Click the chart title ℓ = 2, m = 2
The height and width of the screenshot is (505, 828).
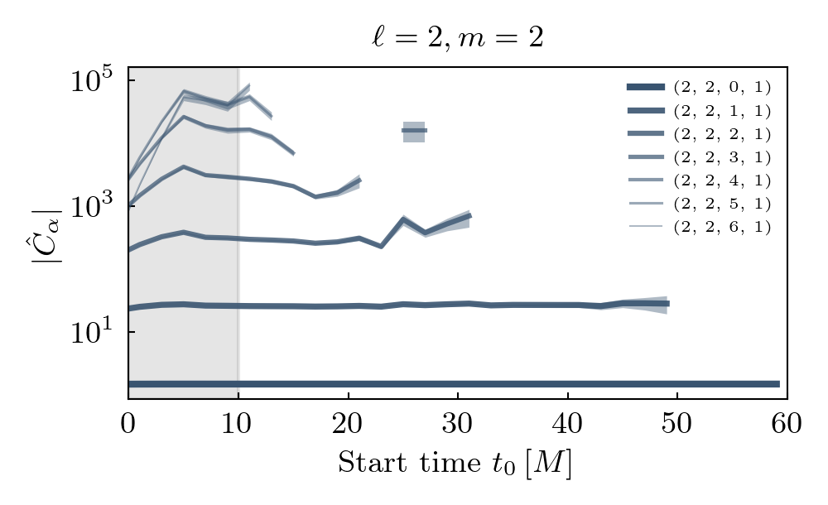click(457, 39)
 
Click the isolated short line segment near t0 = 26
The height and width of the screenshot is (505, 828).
click(414, 130)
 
